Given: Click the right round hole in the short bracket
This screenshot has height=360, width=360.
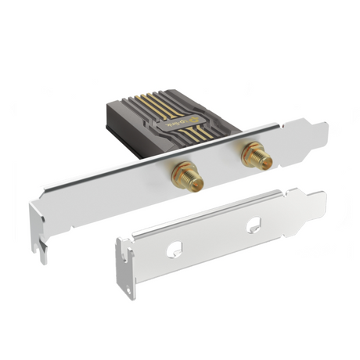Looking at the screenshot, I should pos(255,228).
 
